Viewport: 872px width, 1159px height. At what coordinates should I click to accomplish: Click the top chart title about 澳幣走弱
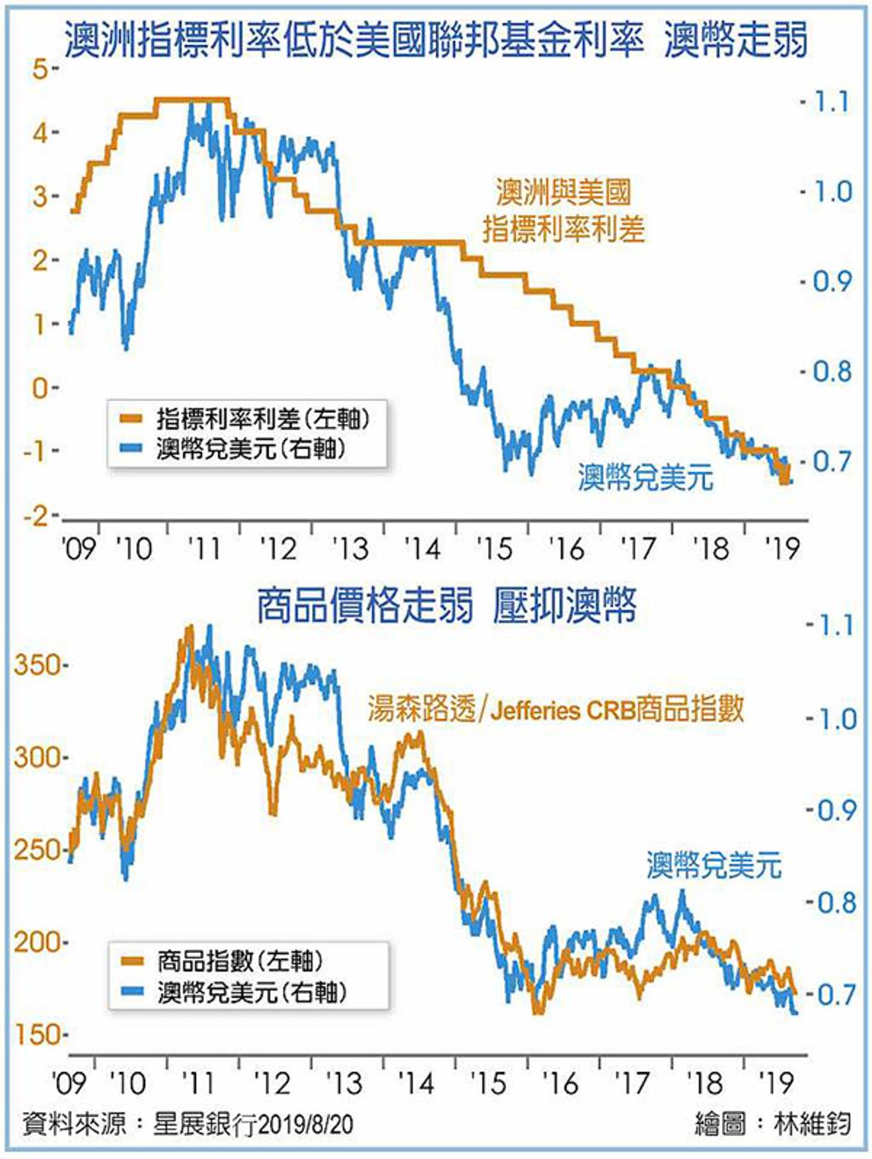point(436,39)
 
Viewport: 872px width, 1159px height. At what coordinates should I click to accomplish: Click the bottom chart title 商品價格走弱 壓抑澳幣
point(445,606)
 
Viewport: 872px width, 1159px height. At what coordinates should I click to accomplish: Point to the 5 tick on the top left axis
point(41,69)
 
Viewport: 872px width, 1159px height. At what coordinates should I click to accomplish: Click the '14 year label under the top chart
point(422,548)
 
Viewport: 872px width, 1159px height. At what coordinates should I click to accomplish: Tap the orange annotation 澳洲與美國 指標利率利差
point(564,210)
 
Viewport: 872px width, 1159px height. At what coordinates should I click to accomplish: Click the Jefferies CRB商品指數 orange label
point(556,709)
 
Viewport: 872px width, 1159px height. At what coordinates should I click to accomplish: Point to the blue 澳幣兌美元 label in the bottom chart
point(714,865)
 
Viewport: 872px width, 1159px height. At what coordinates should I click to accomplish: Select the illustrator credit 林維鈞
point(812,1124)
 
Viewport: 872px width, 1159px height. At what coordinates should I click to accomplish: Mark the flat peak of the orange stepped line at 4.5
point(192,100)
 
